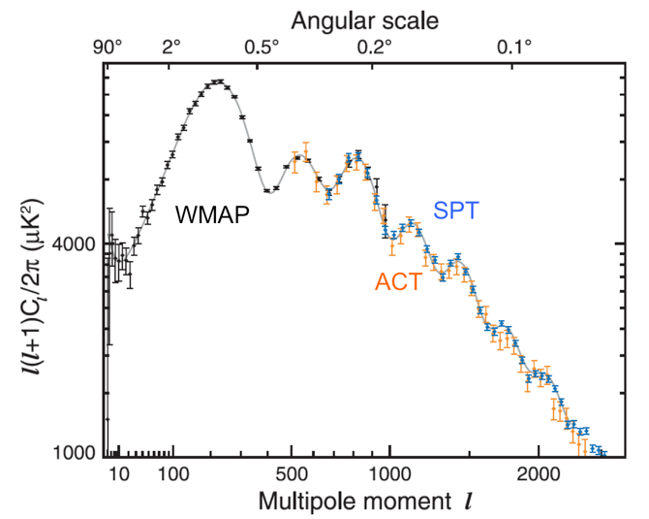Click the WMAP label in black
(211, 214)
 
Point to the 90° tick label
(108, 46)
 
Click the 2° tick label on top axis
(173, 46)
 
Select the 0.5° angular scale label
(261, 46)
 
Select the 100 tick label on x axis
(173, 474)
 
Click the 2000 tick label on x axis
(540, 474)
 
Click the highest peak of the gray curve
(218, 81)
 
